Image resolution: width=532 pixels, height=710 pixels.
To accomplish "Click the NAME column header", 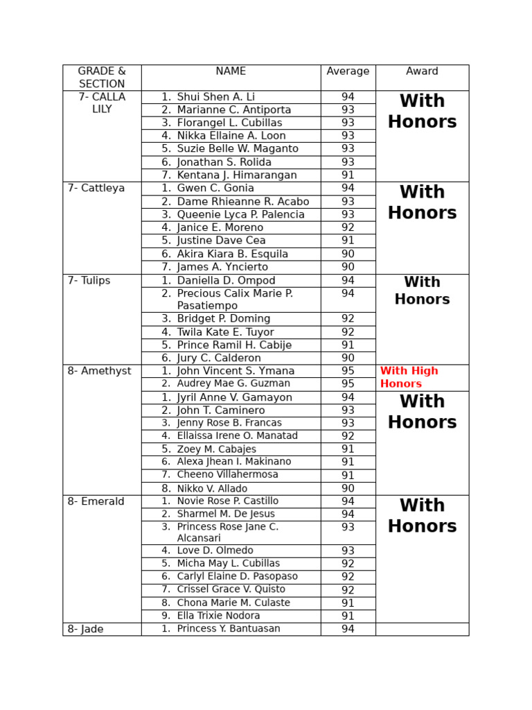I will point(231,71).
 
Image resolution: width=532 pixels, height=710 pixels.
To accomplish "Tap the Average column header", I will point(348,71).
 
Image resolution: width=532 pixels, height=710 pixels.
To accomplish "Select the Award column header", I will point(422,71).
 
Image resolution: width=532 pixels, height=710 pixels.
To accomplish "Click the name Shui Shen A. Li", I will point(215,97).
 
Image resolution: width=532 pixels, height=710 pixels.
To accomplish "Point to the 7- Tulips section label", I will point(89,281).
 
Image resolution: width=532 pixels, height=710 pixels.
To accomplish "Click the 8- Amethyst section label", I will point(99,371).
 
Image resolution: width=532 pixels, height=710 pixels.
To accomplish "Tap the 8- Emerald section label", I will point(96,501).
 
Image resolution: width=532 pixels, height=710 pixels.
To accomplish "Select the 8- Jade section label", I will point(85,630).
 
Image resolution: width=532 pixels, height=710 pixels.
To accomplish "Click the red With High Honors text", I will point(409,377).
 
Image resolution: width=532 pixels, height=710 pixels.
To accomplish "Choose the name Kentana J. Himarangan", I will point(237,175).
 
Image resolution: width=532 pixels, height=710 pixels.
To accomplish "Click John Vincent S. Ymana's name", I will point(236,371).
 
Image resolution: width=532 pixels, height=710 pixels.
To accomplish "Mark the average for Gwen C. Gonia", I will point(348,188).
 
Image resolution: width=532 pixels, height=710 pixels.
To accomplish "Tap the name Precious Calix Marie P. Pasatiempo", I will point(235,300).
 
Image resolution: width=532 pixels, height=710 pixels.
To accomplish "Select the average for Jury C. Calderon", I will point(348,358).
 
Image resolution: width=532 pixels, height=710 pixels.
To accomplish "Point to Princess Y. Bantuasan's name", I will point(229,629).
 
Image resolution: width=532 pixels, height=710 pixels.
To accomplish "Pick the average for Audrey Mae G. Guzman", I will point(348,384).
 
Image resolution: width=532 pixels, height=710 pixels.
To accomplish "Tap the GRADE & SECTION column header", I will point(102,78).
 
